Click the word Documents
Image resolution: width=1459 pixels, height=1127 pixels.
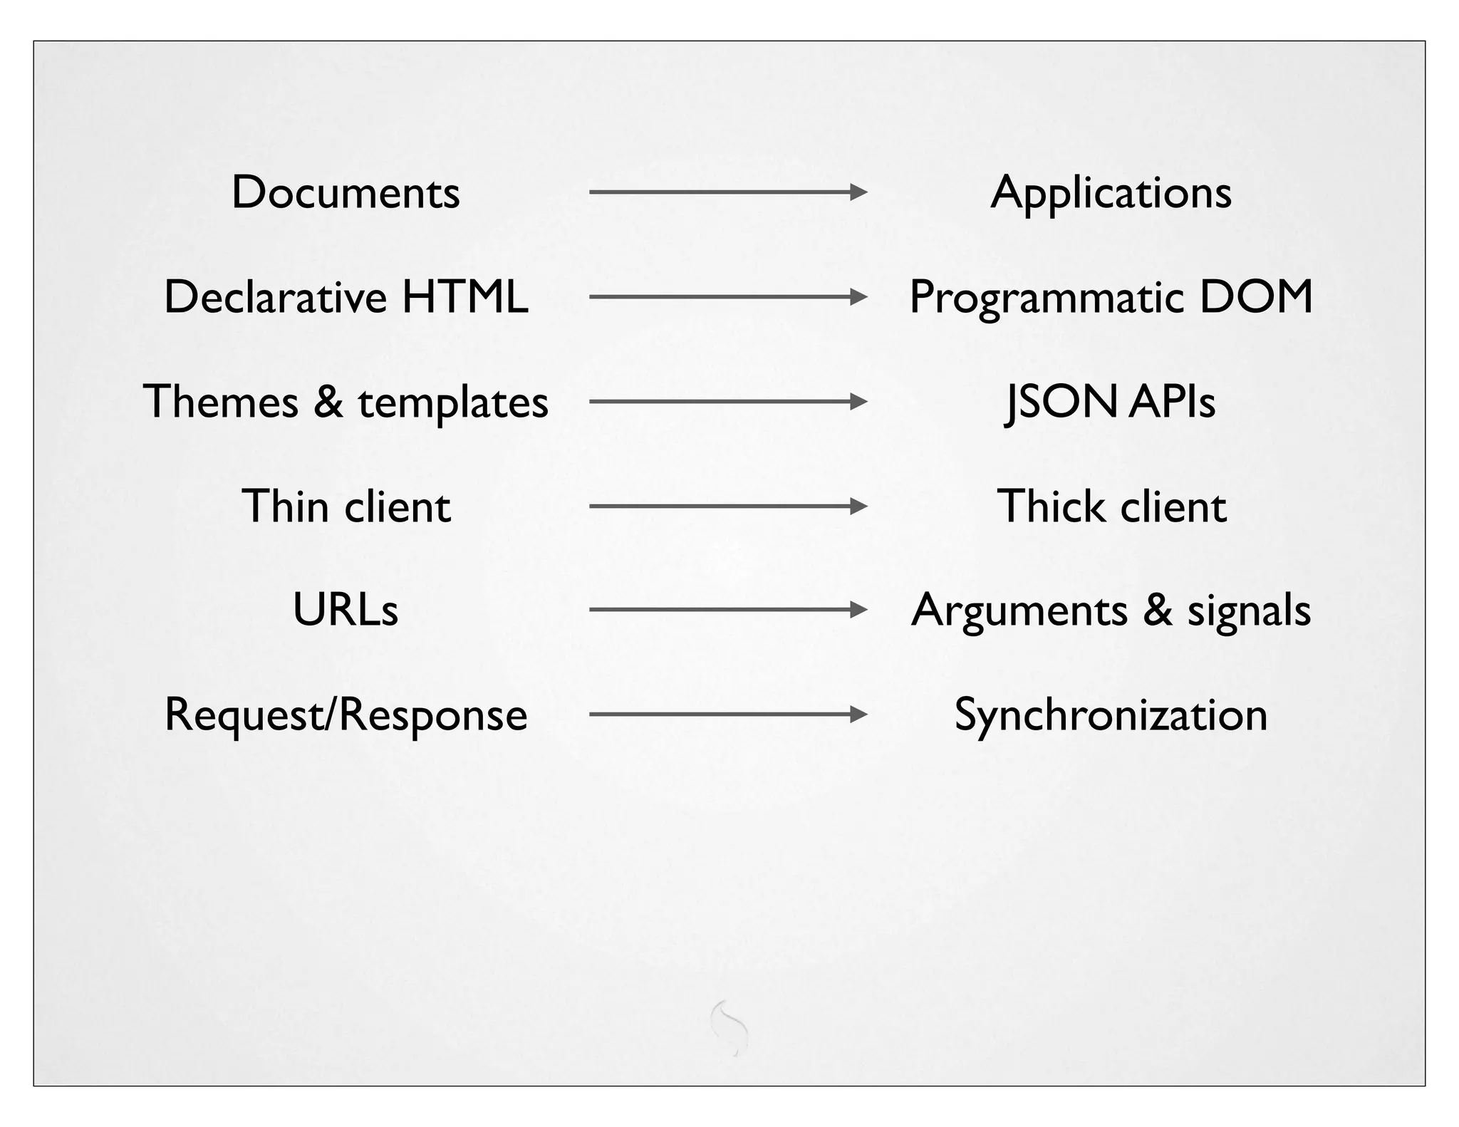click(346, 192)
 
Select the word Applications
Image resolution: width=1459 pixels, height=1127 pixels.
click(1111, 192)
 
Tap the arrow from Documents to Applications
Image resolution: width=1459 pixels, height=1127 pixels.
click(727, 192)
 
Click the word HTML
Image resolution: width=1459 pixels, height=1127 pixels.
click(464, 296)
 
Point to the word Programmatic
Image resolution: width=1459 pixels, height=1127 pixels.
click(1045, 298)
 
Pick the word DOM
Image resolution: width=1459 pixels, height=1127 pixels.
click(1256, 296)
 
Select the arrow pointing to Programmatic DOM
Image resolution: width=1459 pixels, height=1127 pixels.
click(727, 296)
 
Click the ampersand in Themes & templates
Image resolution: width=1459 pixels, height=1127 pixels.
click(328, 401)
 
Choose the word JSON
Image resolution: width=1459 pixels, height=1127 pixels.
click(1061, 402)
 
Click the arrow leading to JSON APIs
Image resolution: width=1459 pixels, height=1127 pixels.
click(727, 402)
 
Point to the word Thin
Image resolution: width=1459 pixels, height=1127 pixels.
click(285, 506)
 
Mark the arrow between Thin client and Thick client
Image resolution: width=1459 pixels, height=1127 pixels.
click(727, 507)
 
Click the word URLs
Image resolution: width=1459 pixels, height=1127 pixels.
click(346, 610)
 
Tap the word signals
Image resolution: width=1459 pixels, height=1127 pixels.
click(1248, 611)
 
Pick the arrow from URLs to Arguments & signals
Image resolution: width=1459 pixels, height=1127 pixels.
click(727, 610)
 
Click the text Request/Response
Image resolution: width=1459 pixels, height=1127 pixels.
click(346, 715)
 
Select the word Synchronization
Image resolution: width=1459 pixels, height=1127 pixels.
click(1111, 715)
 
